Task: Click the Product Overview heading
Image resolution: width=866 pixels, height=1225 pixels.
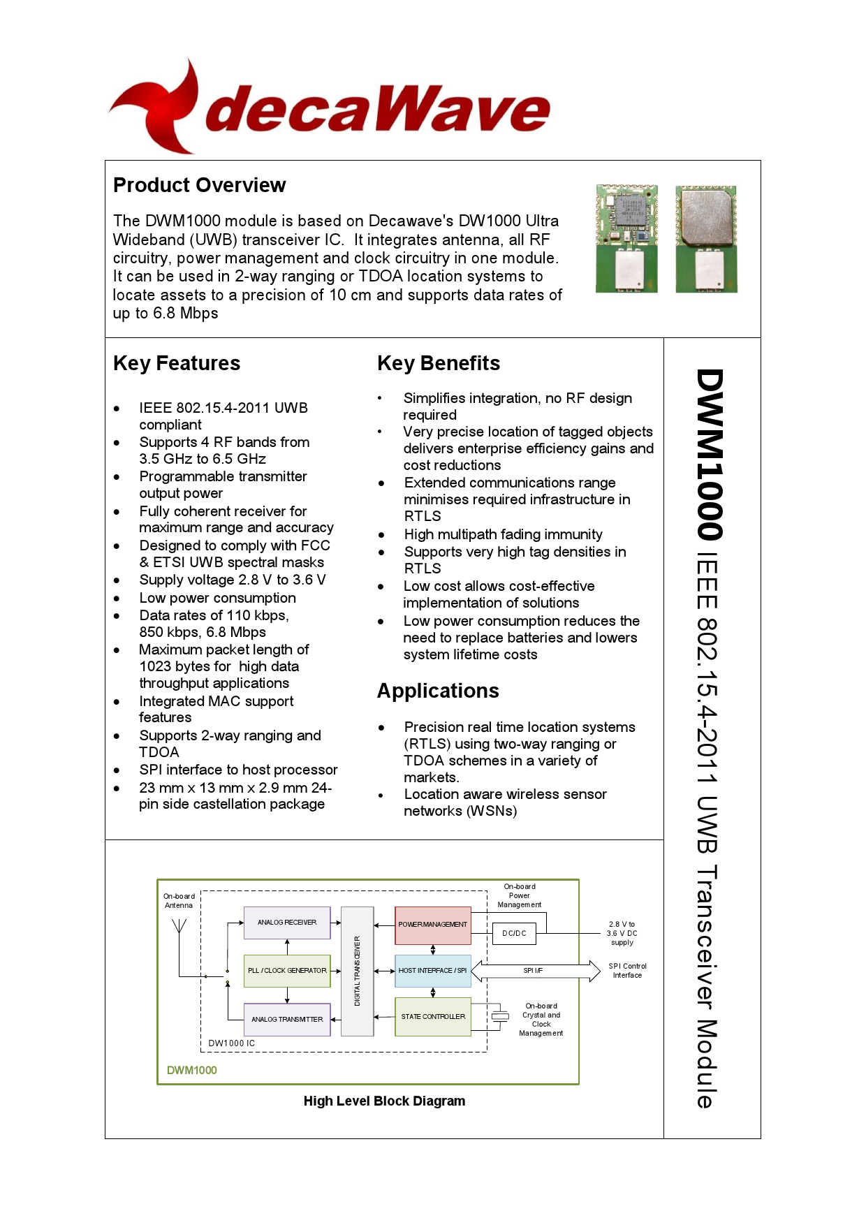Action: point(199,185)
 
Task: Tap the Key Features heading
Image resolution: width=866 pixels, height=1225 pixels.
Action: point(177,363)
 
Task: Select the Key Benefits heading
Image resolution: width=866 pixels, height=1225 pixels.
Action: point(439,363)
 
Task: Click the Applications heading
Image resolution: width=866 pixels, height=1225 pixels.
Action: point(438,691)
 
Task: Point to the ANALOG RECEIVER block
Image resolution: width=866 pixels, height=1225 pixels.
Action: point(287,923)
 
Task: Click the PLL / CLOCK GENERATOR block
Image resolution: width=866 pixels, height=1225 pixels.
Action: point(287,971)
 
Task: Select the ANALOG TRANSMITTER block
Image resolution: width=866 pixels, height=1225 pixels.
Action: point(287,1020)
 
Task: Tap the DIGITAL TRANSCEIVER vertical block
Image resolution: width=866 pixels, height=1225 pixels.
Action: point(357,971)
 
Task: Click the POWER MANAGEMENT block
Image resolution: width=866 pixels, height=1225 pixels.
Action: point(433,924)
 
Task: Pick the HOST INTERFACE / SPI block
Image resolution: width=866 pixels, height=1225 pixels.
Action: point(433,971)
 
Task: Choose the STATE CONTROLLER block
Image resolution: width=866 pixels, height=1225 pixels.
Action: point(433,1017)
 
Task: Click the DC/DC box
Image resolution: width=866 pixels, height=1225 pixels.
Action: point(515,934)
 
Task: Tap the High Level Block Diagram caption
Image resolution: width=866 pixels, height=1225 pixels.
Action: point(384,1101)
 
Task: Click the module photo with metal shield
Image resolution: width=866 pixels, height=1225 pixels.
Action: point(706,238)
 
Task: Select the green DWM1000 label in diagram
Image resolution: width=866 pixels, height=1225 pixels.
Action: point(192,1071)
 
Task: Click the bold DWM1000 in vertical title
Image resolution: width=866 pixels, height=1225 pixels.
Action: point(710,454)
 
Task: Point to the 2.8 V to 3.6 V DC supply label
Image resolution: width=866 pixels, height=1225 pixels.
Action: point(622,933)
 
